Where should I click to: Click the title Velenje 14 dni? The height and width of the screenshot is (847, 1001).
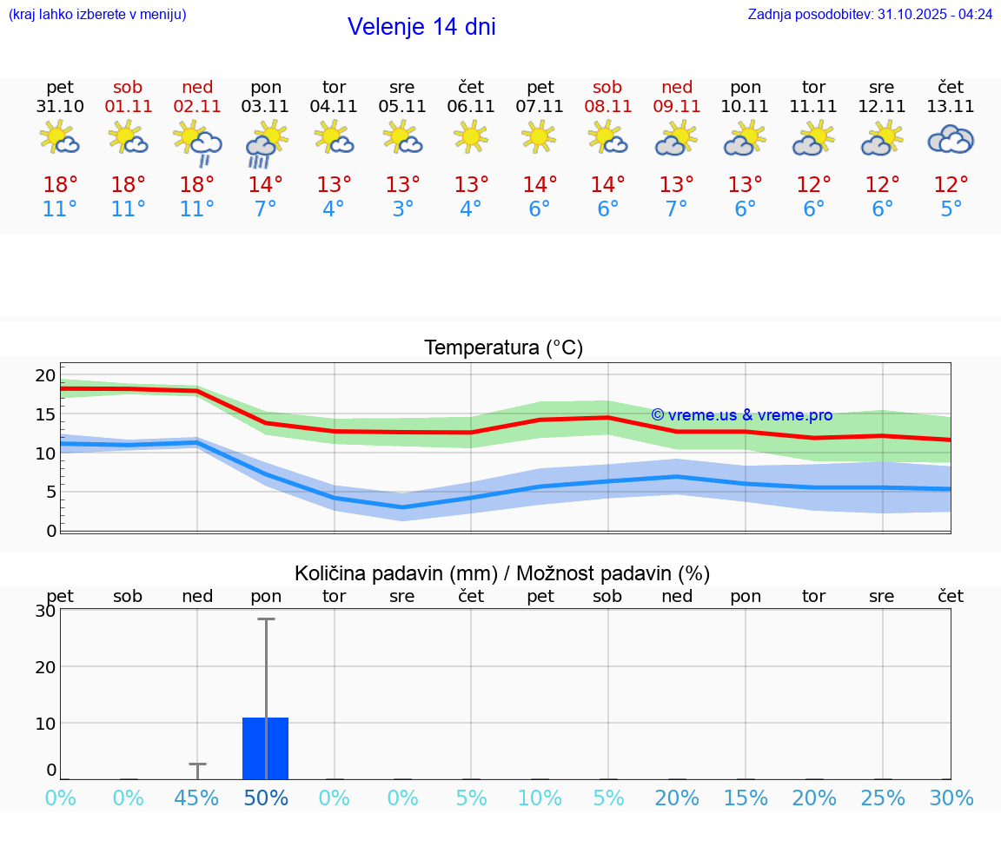421,27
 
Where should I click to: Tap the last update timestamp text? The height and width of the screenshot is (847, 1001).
870,15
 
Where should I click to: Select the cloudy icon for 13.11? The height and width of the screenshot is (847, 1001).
951,139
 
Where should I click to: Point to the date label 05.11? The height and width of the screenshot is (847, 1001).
402,107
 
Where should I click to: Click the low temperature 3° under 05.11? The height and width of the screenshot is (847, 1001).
402,209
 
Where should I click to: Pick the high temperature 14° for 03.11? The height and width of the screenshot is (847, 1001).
266,185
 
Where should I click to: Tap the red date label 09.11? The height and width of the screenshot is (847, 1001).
677,107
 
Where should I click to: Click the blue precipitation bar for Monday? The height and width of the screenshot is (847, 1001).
266,748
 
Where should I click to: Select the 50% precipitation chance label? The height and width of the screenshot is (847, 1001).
266,798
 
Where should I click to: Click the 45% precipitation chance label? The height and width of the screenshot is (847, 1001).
197,798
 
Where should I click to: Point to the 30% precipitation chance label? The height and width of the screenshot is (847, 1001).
951,798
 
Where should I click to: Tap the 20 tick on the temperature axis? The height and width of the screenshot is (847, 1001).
45,375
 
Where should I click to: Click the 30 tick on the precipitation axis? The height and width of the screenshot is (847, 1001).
45,611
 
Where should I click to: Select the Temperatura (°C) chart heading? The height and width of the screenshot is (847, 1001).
503,348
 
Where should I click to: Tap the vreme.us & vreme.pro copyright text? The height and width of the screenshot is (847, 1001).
742,415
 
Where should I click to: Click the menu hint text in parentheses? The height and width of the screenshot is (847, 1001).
97,15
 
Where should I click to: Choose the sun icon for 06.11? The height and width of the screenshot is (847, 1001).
471,136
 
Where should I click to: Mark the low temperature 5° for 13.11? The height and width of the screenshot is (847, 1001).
951,209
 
